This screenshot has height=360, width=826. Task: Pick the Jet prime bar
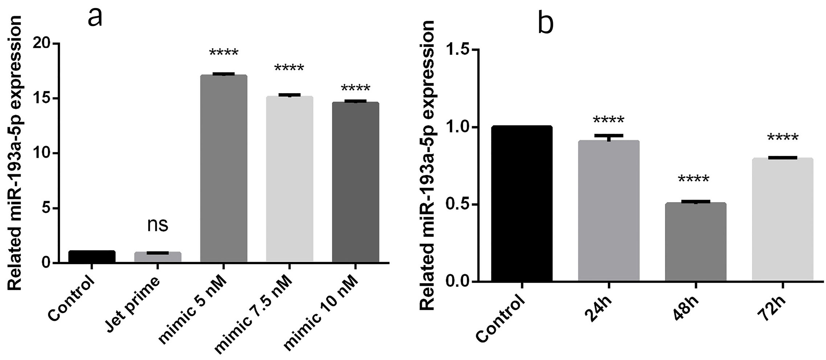click(158, 257)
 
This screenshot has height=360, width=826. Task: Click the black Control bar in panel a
click(92, 256)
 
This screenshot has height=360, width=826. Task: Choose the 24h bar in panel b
click(609, 211)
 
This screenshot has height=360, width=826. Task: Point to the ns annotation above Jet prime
click(158, 225)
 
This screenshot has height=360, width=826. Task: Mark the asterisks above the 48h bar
click(693, 180)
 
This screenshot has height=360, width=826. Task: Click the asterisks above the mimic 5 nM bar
click(224, 53)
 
